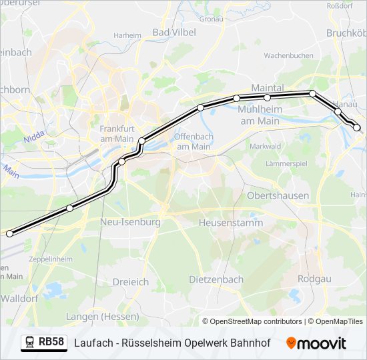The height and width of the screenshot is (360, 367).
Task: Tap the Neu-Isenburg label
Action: click(130, 221)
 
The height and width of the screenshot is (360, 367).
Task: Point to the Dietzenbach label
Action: click(216, 279)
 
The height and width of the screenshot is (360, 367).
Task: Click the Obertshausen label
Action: click(278, 195)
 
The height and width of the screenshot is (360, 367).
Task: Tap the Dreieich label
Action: click(131, 281)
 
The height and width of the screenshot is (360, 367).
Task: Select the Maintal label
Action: click(268, 87)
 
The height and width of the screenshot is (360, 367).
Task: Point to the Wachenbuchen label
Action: click(289, 55)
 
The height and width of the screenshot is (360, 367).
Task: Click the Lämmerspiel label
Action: click(286, 163)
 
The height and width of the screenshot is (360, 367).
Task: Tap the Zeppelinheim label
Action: click(50, 258)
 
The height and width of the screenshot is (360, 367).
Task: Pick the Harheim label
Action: click(127, 35)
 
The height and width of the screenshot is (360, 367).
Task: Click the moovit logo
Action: click(316, 343)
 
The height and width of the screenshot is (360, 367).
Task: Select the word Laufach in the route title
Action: click(92, 343)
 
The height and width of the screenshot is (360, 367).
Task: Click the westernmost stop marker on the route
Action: click(9, 233)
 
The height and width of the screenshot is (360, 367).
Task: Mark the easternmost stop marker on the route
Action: click(357, 127)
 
